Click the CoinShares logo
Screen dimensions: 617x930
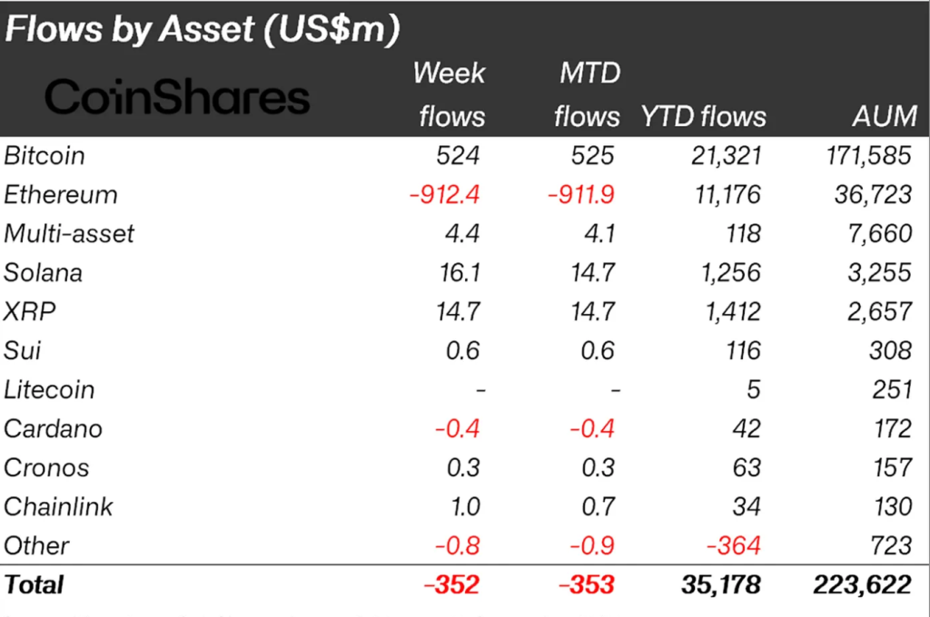pos(177,97)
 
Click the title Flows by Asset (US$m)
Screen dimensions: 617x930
pos(202,29)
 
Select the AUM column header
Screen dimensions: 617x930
pos(881,116)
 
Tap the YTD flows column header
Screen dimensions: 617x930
pos(703,116)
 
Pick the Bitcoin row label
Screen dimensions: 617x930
pos(45,156)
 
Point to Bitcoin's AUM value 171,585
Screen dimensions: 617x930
pos(864,156)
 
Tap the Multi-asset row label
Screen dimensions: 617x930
pos(69,234)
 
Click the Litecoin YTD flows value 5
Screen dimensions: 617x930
pos(753,390)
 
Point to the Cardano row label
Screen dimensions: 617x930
pos(54,429)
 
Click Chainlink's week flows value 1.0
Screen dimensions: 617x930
pos(462,507)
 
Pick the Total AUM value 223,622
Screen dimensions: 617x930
pos(862,585)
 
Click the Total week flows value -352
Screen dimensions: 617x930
pos(451,585)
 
